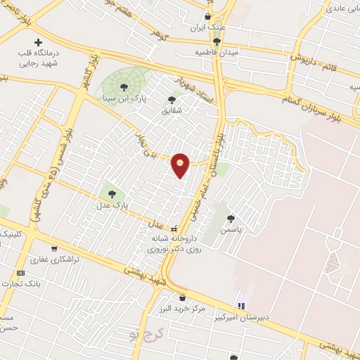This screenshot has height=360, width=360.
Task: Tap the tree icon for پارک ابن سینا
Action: click(124, 87)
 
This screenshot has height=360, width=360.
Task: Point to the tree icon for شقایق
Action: click(172, 100)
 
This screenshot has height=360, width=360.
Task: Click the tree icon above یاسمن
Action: click(231, 219)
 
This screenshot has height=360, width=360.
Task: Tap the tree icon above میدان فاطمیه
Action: click(217, 41)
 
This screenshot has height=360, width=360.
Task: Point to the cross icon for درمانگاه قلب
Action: click(38, 42)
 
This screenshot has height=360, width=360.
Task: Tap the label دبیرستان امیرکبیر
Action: click(243, 317)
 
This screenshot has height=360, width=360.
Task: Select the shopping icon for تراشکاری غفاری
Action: click(54, 249)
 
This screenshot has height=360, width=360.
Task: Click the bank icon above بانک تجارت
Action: click(20, 273)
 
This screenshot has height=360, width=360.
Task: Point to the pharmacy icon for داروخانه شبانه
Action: click(174, 227)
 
